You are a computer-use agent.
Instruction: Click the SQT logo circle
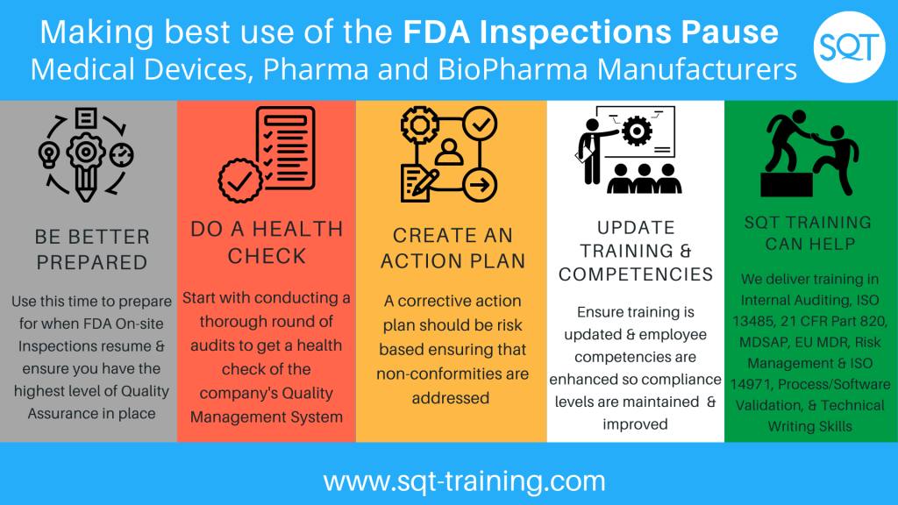click(849, 47)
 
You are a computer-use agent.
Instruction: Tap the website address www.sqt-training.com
click(465, 480)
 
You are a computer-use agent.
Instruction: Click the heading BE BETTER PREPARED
click(91, 250)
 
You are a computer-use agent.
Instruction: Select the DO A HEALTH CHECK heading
click(267, 242)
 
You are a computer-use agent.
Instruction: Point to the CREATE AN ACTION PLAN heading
click(453, 248)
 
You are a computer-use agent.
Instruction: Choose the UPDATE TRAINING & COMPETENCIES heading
click(636, 251)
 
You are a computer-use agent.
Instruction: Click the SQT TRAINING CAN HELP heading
click(808, 233)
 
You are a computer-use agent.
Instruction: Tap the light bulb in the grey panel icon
click(49, 154)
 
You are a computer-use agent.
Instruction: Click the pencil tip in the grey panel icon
click(86, 196)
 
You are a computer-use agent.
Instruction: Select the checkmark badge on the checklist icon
click(240, 181)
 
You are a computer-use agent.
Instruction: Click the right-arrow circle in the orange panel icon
click(480, 184)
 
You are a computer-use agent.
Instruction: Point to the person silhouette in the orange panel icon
click(449, 153)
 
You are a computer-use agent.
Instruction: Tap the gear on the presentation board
click(637, 132)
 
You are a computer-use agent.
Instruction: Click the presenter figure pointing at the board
click(592, 151)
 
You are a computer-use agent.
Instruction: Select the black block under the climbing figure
click(787, 184)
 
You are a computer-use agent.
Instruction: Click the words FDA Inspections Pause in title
click(590, 32)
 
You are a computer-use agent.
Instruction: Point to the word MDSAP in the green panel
click(763, 343)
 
